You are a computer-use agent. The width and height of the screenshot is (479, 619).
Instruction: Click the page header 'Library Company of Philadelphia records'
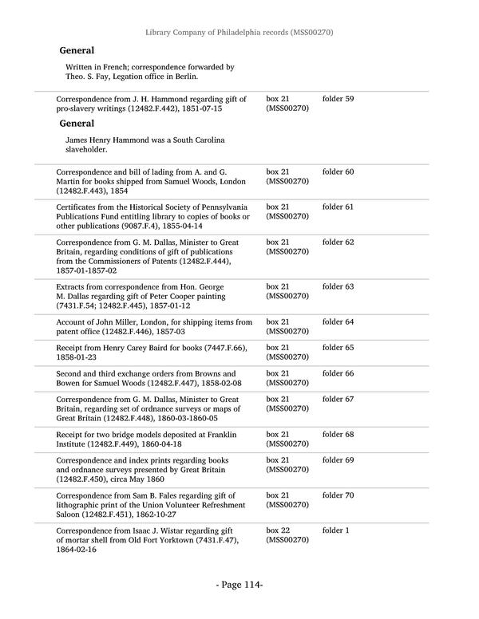tap(239, 33)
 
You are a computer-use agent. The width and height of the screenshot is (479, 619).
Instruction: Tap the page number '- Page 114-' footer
tap(239, 585)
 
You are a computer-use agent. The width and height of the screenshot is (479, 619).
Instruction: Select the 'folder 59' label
tap(338, 99)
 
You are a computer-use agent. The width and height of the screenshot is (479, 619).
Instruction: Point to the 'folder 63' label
tap(338, 286)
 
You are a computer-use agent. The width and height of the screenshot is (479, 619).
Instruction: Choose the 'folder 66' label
tap(338, 373)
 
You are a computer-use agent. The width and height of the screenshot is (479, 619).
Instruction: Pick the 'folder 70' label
tap(338, 495)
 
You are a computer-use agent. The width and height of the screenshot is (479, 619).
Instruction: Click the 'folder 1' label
tap(335, 530)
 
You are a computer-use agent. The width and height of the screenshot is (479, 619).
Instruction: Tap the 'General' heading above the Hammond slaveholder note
tap(77, 124)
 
